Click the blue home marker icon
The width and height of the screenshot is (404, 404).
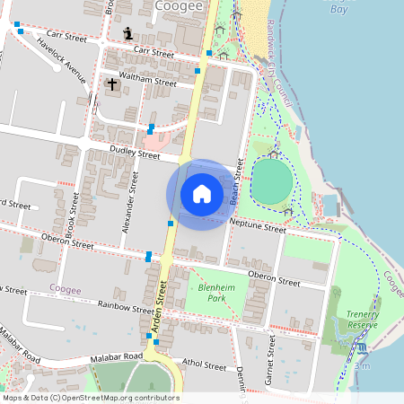coord(202,194)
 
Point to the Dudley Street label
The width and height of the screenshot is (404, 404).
coord(134,154)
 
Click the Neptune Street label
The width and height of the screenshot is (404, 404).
coord(257,228)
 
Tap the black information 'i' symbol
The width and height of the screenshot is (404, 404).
coord(127,34)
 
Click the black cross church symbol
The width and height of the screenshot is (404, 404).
coord(112,84)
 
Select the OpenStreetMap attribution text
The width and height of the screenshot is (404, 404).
coord(90,398)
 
